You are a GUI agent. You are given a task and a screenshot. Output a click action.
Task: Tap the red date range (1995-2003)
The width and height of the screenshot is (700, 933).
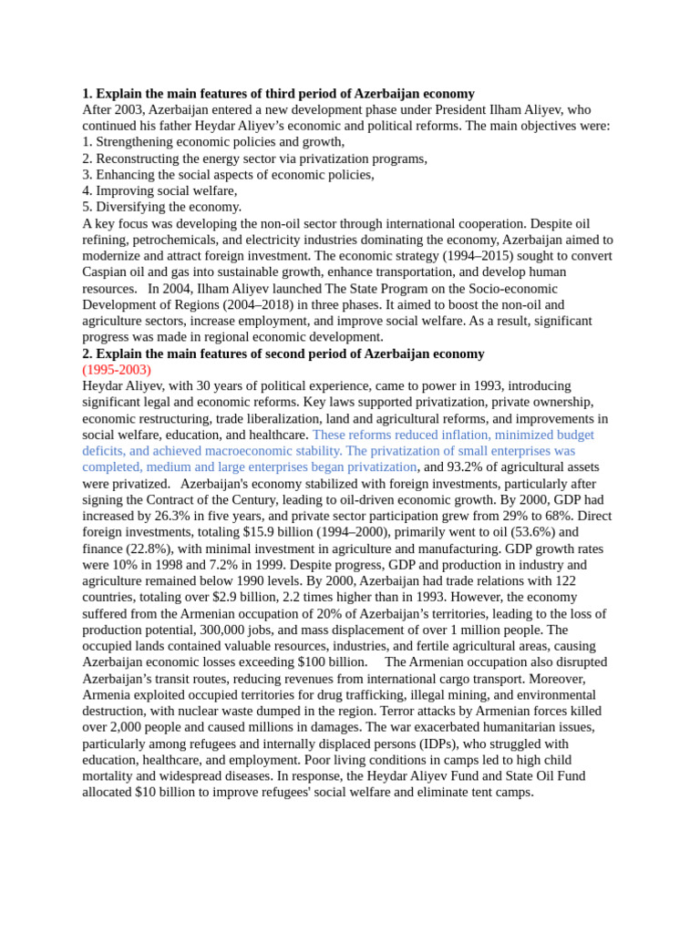[x=117, y=370]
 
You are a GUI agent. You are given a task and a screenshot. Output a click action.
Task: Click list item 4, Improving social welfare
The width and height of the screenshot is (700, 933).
[x=160, y=190]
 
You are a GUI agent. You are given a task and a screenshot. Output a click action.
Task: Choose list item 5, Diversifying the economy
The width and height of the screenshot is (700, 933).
[x=161, y=207]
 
